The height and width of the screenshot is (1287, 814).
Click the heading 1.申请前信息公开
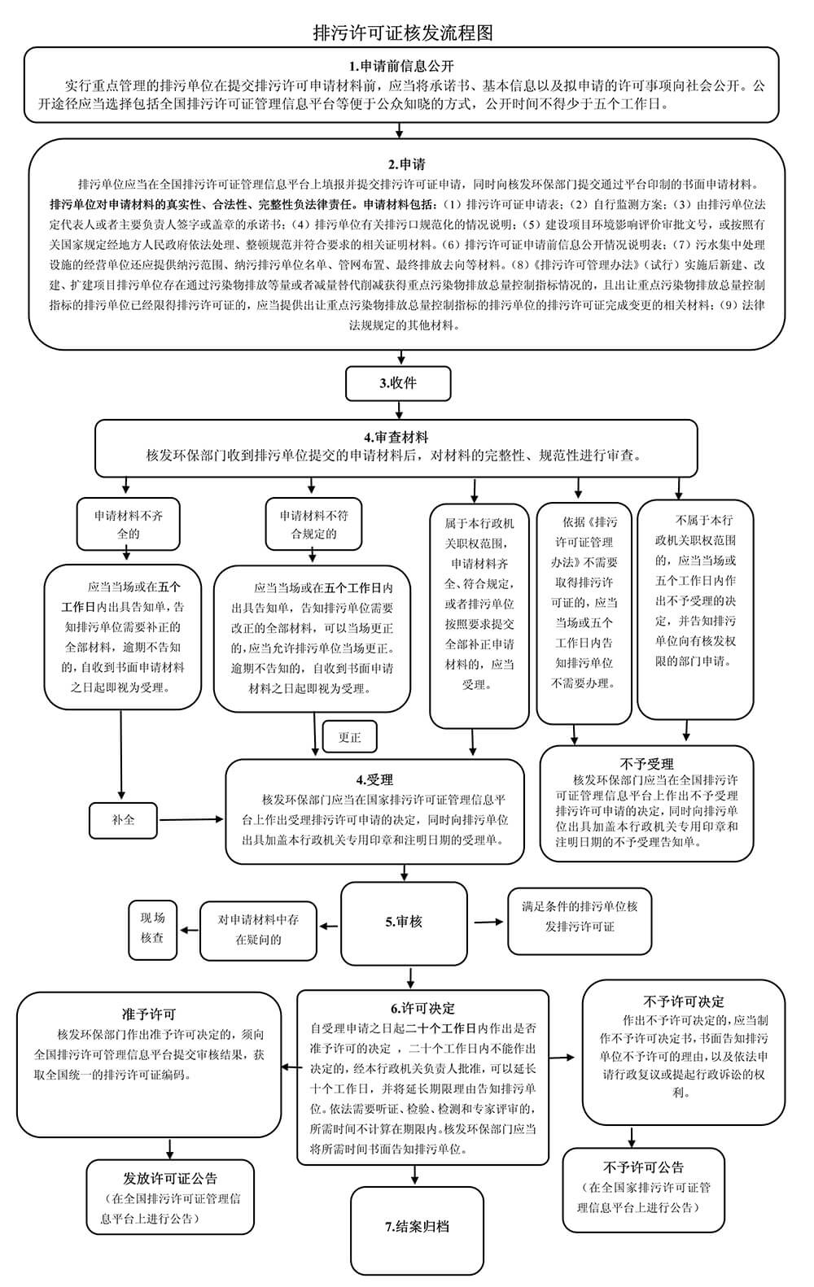coord(402,66)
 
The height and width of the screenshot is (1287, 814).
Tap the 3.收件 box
coord(398,383)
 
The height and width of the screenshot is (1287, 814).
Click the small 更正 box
coord(349,737)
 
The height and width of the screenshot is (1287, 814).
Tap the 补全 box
coord(124,819)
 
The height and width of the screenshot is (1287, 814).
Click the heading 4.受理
coord(374,779)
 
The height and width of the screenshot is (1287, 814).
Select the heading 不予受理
coord(646,764)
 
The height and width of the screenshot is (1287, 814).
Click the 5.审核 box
coord(404,922)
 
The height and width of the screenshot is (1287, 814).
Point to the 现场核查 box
coord(152,928)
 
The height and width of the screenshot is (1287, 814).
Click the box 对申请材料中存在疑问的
coord(258,929)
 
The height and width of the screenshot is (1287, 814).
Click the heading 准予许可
coord(149,1014)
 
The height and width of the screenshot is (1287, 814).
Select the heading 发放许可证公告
coord(170,1178)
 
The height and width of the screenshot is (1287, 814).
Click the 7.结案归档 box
coord(418,1227)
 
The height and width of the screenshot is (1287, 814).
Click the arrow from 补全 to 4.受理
coord(192,819)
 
